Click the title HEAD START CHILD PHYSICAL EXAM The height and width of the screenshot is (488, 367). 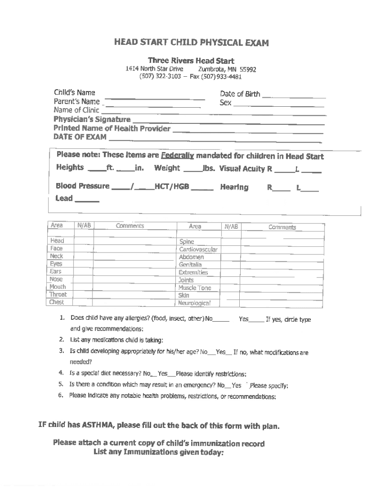click(191, 43)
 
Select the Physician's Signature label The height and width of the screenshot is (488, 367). click(92, 119)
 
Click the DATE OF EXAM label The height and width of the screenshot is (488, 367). click(80, 137)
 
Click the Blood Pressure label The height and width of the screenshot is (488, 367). click(82, 186)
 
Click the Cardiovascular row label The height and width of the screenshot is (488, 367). click(198, 249)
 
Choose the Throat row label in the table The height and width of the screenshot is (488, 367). click(58, 295)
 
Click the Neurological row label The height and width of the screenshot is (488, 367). click(194, 303)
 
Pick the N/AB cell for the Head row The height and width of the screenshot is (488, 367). click(83, 241)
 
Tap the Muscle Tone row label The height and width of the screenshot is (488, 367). click(194, 288)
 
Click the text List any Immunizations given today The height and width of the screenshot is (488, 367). click(158, 453)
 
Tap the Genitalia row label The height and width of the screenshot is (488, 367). click(190, 264)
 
